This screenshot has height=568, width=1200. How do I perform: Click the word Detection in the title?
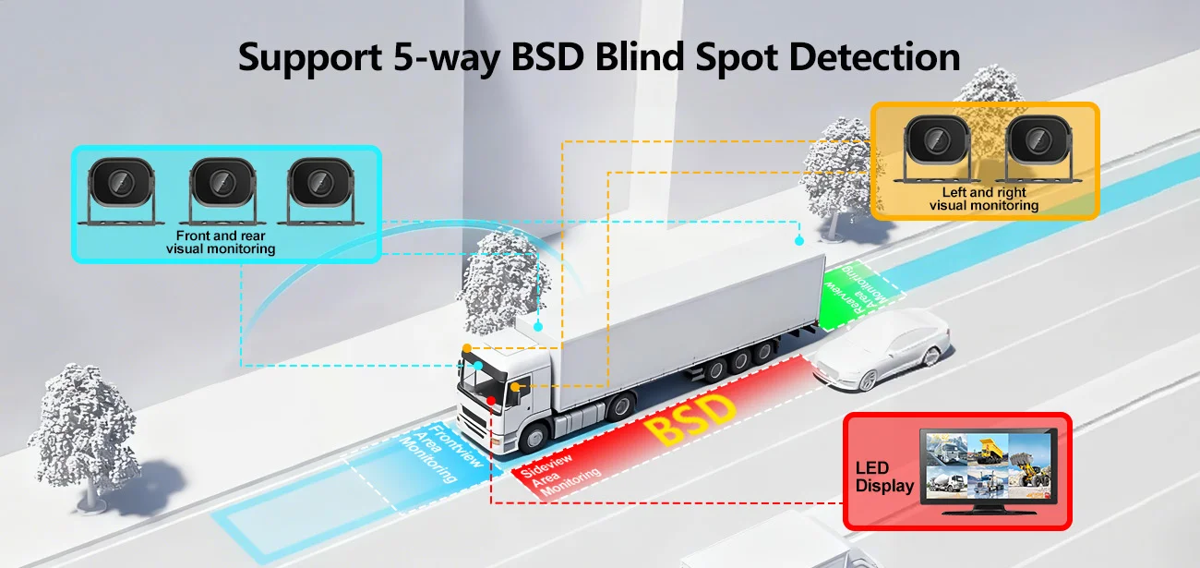(874, 57)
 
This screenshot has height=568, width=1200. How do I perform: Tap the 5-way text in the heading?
(446, 58)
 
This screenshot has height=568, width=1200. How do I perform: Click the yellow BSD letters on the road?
(689, 419)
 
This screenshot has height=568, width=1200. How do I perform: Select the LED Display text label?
(884, 477)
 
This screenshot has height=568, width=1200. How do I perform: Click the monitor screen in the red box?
(989, 466)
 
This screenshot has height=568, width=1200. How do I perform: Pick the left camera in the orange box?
(937, 149)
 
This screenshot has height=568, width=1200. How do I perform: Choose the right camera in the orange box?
(1038, 149)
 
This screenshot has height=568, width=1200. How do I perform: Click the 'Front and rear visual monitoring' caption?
(221, 242)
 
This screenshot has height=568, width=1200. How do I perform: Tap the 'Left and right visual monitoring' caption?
(984, 199)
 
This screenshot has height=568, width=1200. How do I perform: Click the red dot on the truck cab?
(491, 401)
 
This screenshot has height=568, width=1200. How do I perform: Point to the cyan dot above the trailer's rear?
(798, 241)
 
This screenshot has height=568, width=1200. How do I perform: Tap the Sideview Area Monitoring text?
(560, 475)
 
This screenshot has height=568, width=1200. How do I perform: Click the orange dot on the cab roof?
(467, 348)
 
